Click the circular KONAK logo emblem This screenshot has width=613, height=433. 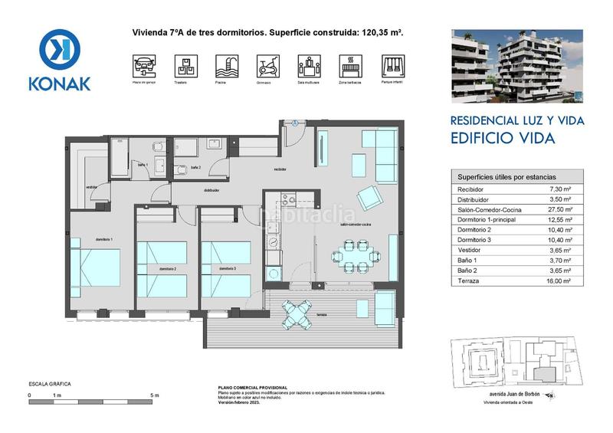pyautogui.click(x=59, y=48)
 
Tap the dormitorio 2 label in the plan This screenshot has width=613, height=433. pyautogui.click(x=168, y=270)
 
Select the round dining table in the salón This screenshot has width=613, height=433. pyautogui.click(x=355, y=256)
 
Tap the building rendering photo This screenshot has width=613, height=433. pyautogui.click(x=516, y=67)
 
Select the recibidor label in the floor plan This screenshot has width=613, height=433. pyautogui.click(x=280, y=170)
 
